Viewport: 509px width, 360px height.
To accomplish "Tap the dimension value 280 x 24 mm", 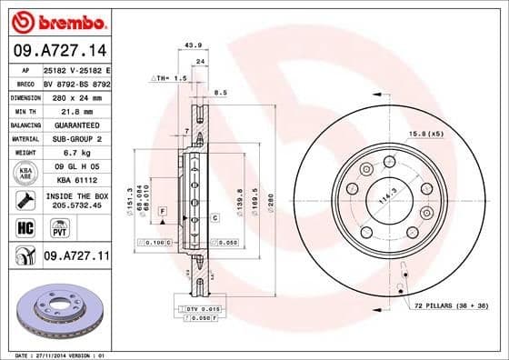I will tap(75, 95).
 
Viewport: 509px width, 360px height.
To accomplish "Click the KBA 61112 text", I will tap(75, 181).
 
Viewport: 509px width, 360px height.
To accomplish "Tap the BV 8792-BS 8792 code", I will tap(76, 82).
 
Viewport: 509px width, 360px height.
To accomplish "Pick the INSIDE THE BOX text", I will tap(75, 196).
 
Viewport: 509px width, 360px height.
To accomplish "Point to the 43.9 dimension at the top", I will tap(193, 45).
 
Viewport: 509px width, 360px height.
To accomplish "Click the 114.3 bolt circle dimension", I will tap(390, 198).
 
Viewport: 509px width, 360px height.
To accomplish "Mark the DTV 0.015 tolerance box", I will tap(199, 309).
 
